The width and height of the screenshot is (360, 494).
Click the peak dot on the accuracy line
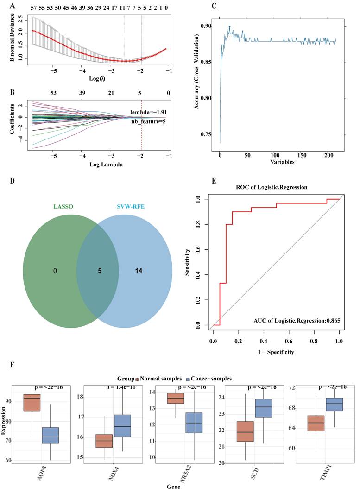(229, 27)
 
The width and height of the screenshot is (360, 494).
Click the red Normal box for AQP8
(32, 402)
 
